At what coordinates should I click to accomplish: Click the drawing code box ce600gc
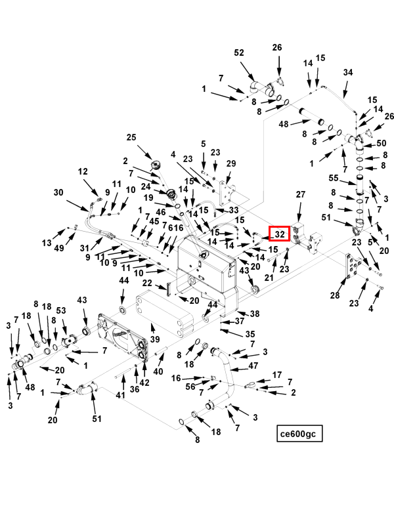299,433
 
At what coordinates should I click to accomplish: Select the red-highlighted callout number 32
280,234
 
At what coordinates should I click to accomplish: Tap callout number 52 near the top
239,52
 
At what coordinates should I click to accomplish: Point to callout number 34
348,72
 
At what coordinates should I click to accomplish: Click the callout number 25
131,137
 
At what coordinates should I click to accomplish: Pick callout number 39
155,339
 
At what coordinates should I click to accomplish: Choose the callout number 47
253,366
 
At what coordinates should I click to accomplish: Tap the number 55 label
334,178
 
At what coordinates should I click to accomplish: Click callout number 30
58,192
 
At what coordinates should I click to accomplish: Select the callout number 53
61,310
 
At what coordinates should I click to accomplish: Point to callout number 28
335,295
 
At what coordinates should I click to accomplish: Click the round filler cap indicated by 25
156,165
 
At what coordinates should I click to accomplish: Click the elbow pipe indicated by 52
261,89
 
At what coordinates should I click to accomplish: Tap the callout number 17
277,375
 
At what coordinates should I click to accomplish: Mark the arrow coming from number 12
91,188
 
